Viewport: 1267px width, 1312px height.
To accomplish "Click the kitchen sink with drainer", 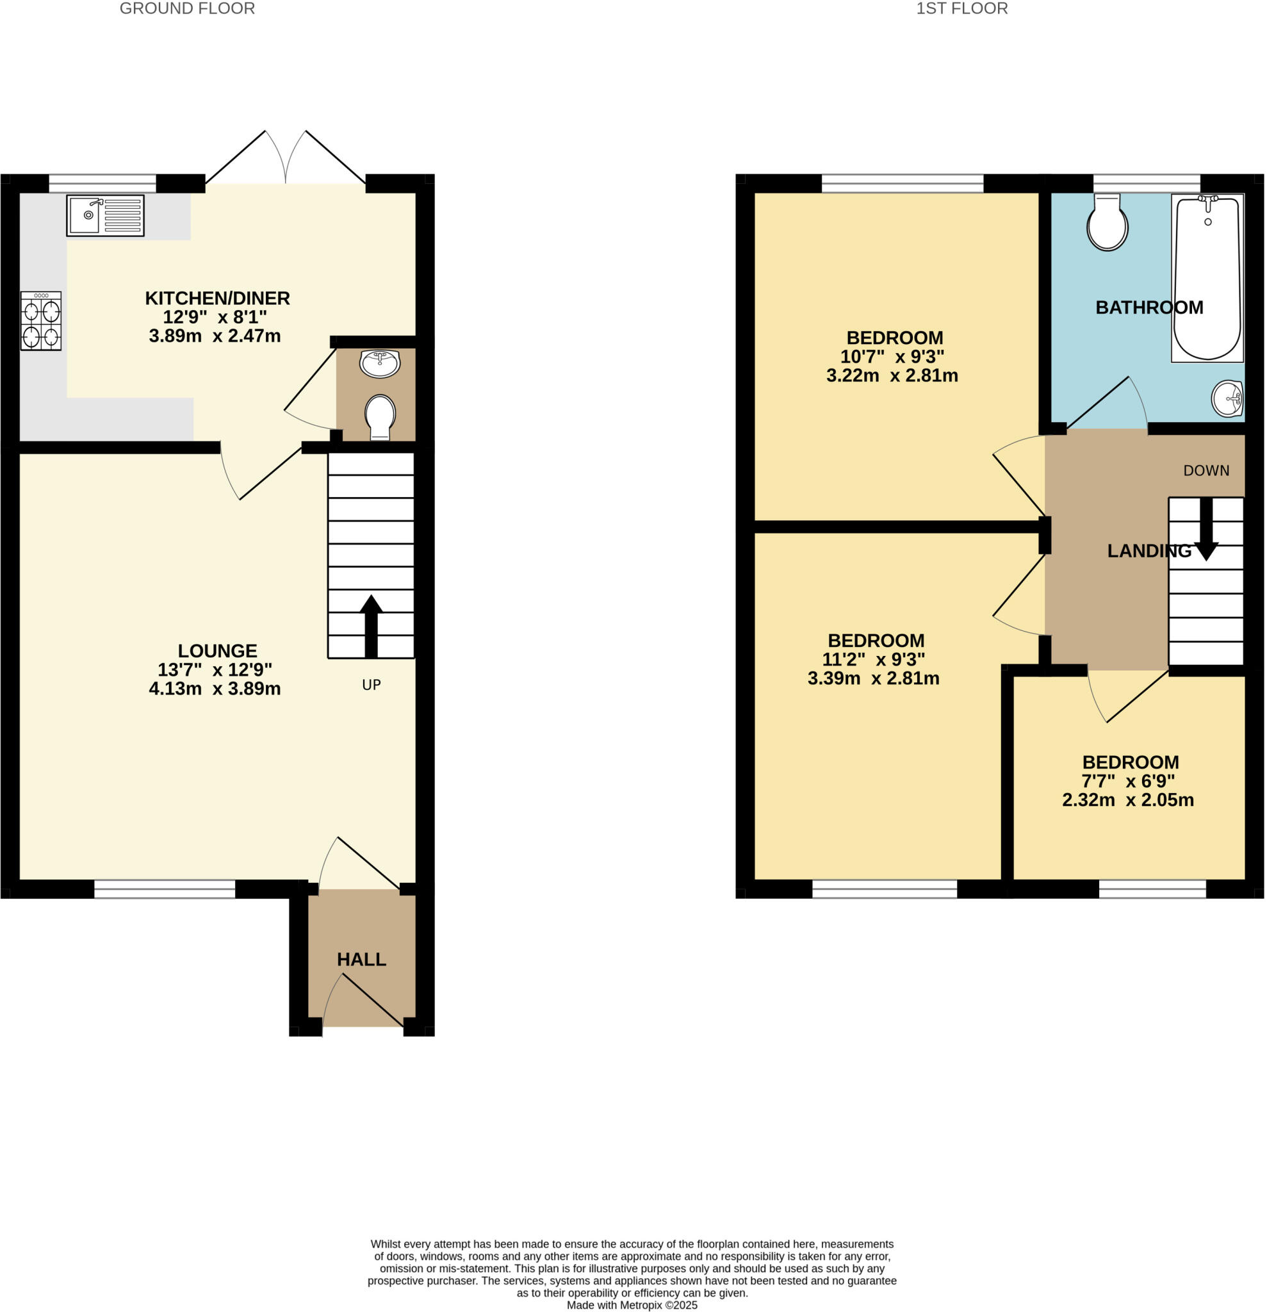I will click(x=105, y=215).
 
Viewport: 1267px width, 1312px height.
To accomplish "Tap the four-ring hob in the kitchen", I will click(x=41, y=321).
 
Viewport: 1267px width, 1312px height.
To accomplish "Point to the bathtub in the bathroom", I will click(x=1207, y=278).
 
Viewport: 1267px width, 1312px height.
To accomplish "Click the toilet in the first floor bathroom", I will click(x=1107, y=222).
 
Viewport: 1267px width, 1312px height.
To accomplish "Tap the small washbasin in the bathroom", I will click(x=1227, y=398).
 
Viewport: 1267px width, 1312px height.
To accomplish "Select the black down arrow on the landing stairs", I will click(x=1206, y=529).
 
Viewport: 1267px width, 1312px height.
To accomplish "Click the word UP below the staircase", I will click(x=372, y=685).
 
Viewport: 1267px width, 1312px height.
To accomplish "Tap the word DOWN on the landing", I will click(x=1206, y=471).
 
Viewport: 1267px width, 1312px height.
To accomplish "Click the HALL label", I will click(x=361, y=959).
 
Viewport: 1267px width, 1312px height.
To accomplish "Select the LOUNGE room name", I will click(x=217, y=651).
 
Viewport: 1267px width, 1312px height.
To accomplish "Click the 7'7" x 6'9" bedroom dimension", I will click(x=1129, y=781).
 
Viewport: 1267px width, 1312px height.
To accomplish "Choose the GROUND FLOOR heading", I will click(x=187, y=9).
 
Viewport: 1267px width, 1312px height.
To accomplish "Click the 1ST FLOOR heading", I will click(x=961, y=9).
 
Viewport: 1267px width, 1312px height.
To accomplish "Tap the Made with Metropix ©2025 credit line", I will click(x=632, y=1305).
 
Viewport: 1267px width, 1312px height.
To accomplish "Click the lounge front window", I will click(x=165, y=889).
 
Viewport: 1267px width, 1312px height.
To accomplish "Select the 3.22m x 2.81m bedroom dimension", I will click(x=892, y=375).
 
